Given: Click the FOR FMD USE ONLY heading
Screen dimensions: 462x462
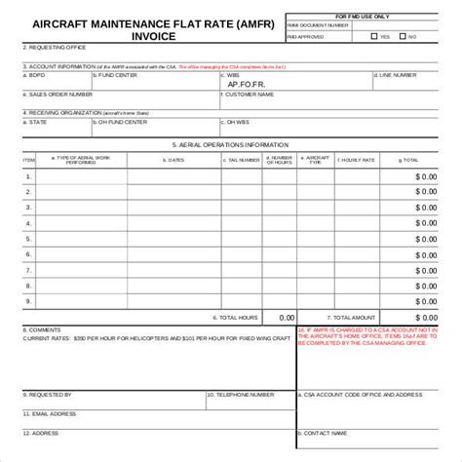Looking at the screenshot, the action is [369, 17].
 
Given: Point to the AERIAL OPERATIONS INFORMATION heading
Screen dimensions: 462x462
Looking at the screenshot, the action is [231, 143].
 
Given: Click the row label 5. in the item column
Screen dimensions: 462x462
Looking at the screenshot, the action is [28, 240].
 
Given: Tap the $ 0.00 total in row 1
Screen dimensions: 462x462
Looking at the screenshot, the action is [426, 176].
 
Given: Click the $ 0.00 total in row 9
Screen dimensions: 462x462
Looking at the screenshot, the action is [426, 302].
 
